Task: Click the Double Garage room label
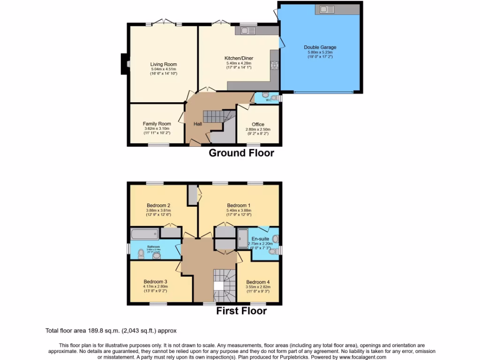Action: [320, 47]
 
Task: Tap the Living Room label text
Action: [164, 64]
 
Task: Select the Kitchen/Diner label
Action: [239, 58]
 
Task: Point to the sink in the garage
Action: [327, 8]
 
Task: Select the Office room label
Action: [258, 124]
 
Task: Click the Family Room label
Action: [157, 124]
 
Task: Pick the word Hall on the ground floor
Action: [198, 124]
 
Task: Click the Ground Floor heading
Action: [241, 153]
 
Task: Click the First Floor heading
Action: [241, 311]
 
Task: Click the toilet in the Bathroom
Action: [141, 254]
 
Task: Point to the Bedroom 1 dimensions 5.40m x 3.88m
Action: [239, 210]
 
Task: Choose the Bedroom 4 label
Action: [258, 282]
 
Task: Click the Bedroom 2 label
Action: [158, 205]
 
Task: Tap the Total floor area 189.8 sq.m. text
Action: [111, 330]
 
